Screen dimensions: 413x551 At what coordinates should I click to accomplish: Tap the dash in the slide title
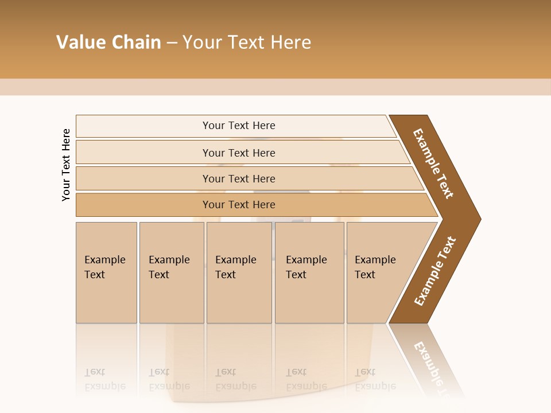point(172,43)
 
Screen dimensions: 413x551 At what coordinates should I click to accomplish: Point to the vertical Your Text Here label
point(66,165)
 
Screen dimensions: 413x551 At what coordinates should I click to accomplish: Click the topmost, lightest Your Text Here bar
point(239,126)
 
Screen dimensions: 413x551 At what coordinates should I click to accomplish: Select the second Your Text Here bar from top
point(239,153)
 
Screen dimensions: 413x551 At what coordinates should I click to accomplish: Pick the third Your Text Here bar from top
point(239,178)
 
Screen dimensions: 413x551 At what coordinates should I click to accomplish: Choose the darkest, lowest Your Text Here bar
point(239,205)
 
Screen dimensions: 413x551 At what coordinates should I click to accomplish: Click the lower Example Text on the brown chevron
point(434,271)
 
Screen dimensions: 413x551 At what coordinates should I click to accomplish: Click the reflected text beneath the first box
point(104,379)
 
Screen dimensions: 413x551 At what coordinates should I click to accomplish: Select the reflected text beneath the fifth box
point(375,379)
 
